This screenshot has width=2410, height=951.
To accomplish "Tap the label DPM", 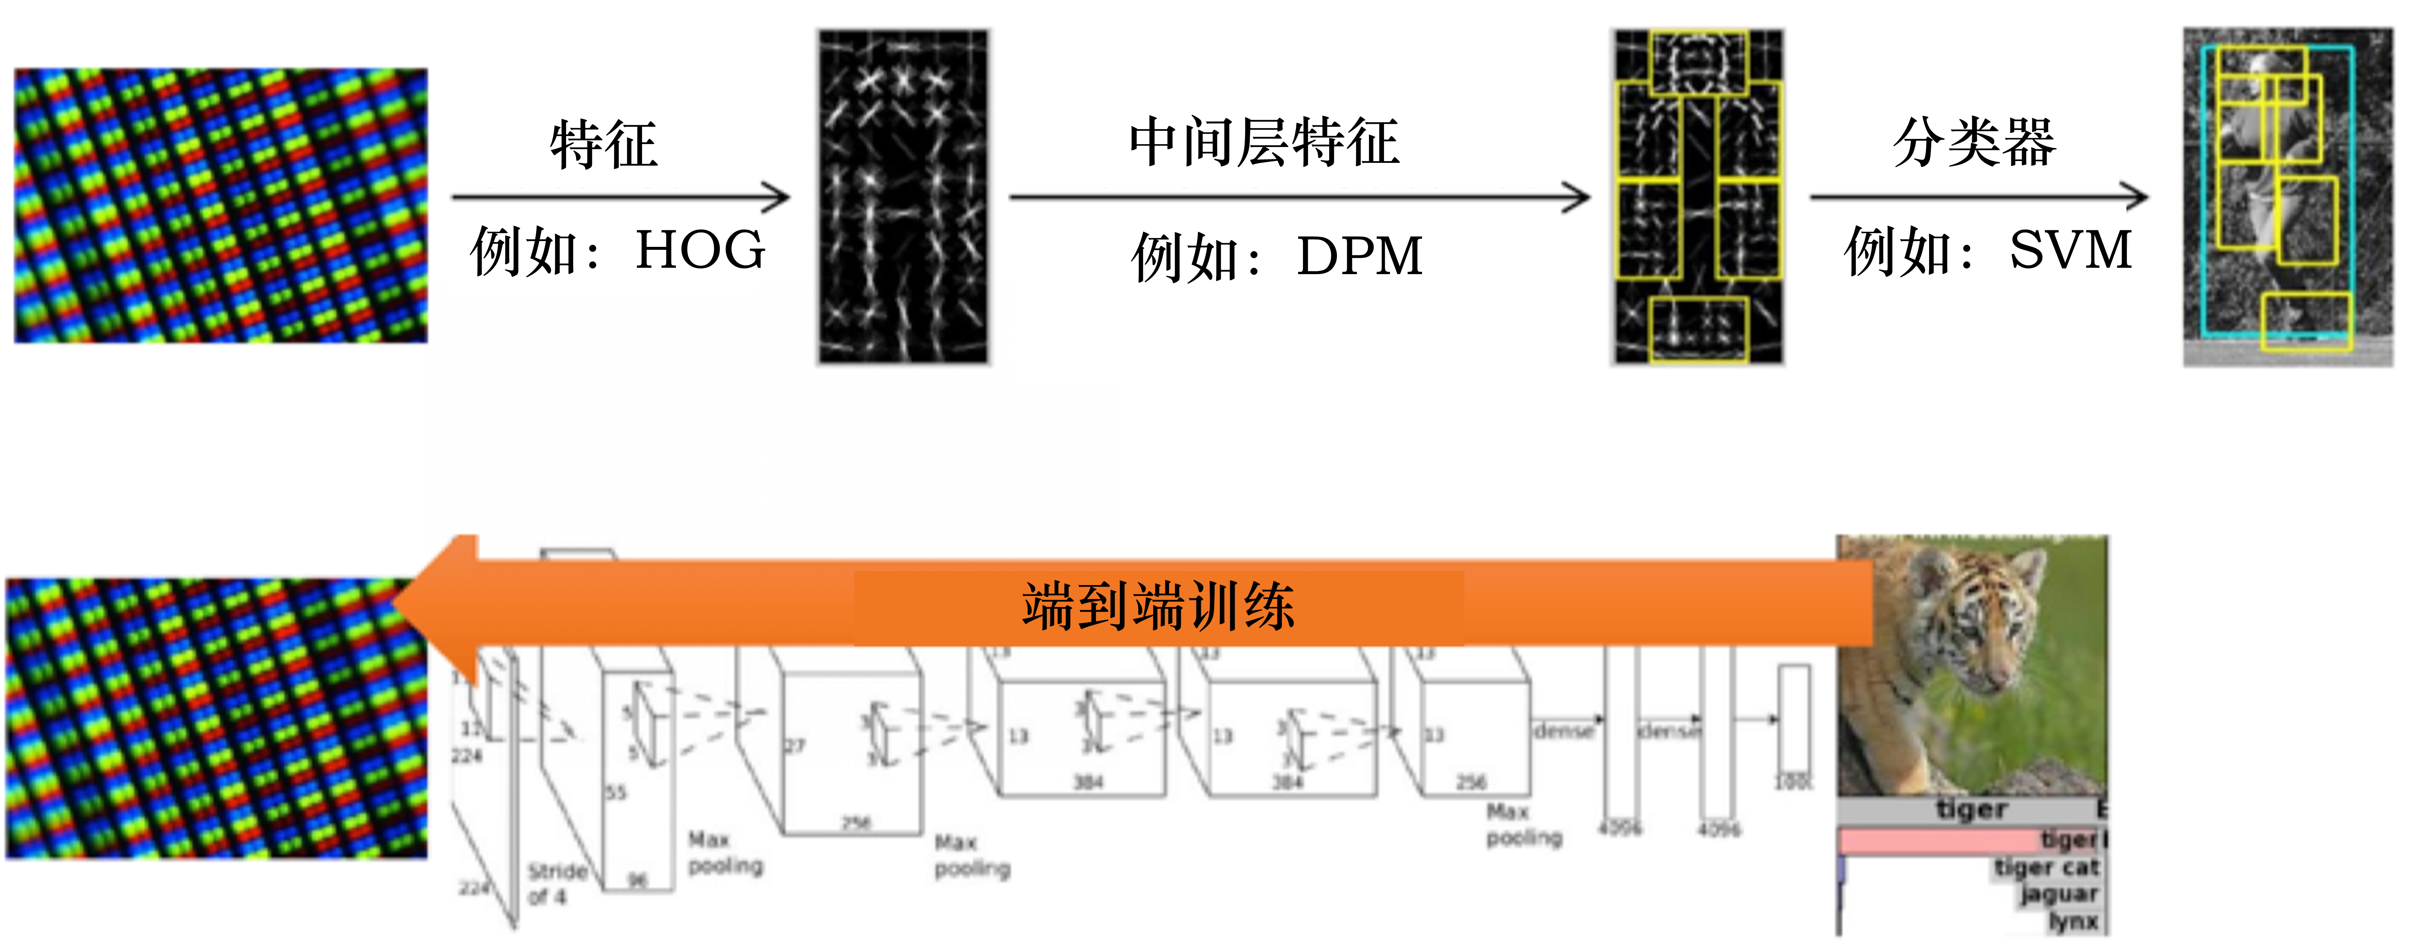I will (x=1359, y=256).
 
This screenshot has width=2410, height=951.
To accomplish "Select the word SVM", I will (x=2070, y=251).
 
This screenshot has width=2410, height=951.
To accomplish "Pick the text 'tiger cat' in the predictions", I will (x=2047, y=868).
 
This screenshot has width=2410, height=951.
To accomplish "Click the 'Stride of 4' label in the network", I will (x=556, y=884).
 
